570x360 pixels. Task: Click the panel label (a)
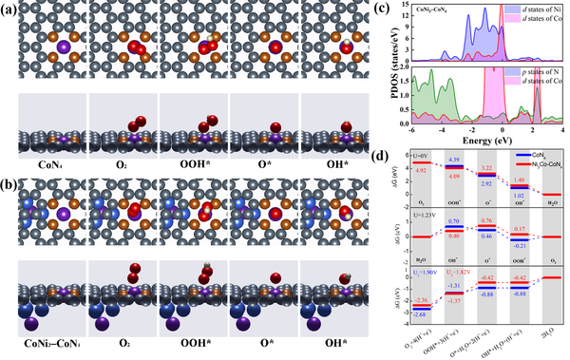[x=13, y=10]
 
